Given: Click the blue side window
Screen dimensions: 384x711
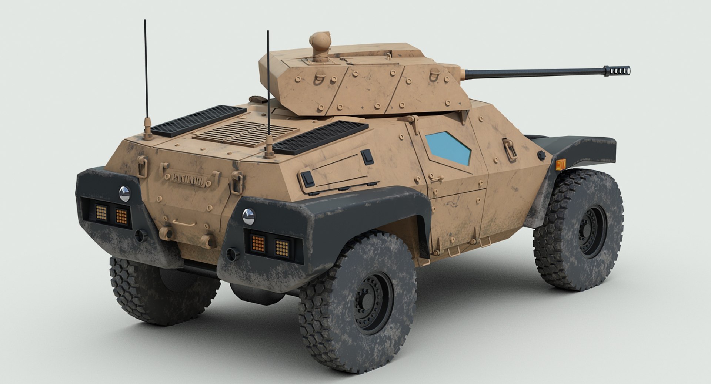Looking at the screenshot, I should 448,148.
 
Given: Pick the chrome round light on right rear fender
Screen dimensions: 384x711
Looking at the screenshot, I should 248,216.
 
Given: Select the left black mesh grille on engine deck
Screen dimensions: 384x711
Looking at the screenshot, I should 198,120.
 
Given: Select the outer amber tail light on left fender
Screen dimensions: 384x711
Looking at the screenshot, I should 101,212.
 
